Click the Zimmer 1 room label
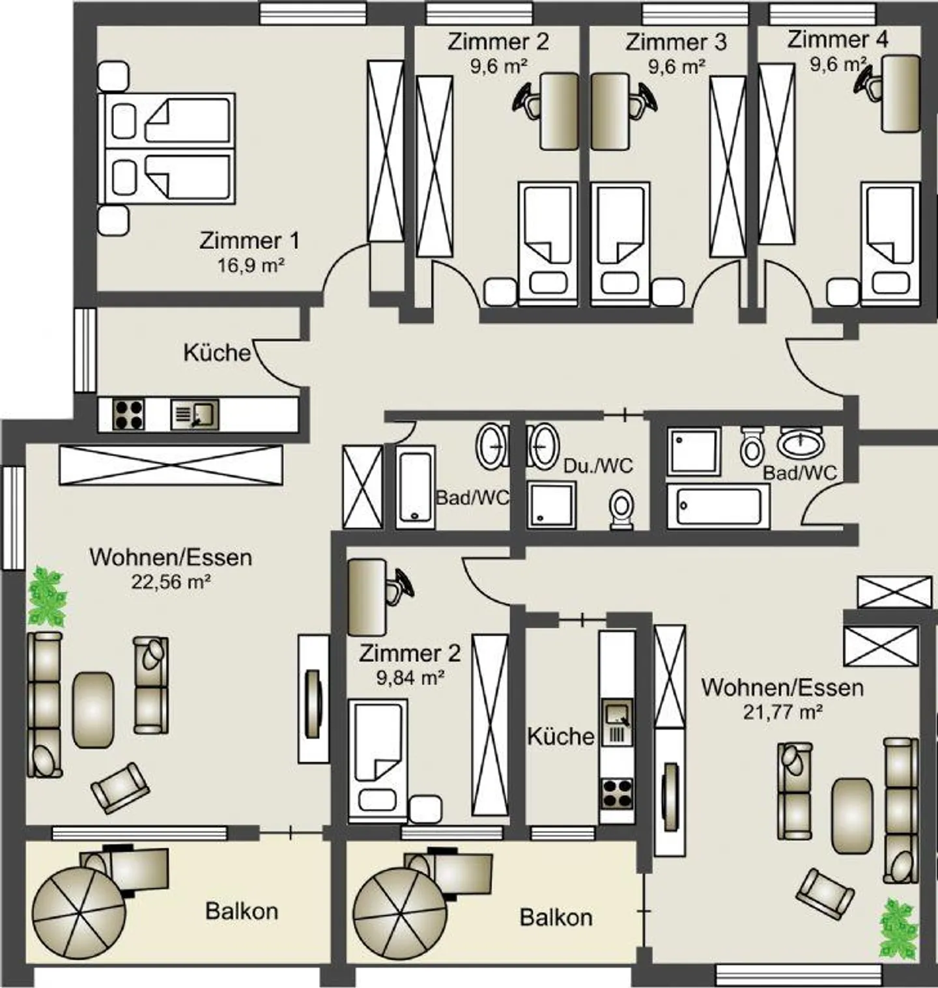(x=249, y=241)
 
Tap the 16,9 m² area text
(x=250, y=266)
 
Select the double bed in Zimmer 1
(x=166, y=148)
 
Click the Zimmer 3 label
(x=676, y=42)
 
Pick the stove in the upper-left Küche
(x=128, y=414)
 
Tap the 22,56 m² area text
(x=171, y=582)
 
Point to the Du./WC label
(x=598, y=466)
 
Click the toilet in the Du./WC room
(x=622, y=509)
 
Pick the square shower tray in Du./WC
(x=552, y=504)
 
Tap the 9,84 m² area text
(x=410, y=678)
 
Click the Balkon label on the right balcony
(x=556, y=918)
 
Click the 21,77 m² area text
(x=782, y=712)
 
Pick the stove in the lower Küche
(x=616, y=793)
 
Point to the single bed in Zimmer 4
(x=890, y=244)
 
